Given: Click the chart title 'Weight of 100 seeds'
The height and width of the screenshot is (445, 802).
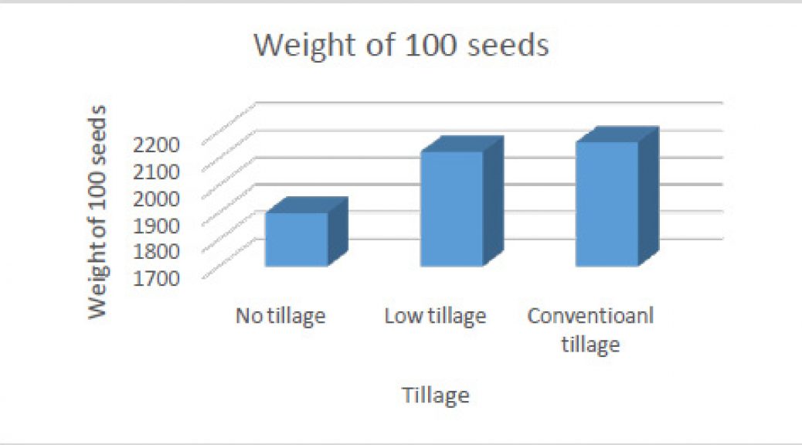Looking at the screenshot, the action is pyautogui.click(x=402, y=45).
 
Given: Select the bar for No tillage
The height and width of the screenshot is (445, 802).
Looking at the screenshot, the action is pyautogui.click(x=307, y=232).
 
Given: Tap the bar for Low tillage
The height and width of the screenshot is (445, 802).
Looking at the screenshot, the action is pyautogui.click(x=462, y=202).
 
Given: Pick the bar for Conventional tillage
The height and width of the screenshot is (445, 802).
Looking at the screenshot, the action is pyautogui.click(x=617, y=196).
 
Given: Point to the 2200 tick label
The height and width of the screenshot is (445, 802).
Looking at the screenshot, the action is pyautogui.click(x=156, y=144).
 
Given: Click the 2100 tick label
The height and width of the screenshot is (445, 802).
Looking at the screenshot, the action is pyautogui.click(x=156, y=172).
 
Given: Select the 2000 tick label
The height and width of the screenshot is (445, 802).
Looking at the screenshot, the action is pyautogui.click(x=156, y=199).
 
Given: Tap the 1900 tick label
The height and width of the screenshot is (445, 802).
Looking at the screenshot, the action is pyautogui.click(x=156, y=225).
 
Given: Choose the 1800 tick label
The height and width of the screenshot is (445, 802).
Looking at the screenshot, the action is pyautogui.click(x=156, y=251).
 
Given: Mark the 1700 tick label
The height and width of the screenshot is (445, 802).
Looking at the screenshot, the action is pyautogui.click(x=156, y=278).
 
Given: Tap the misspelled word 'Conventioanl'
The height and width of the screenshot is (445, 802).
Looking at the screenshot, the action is pyautogui.click(x=591, y=315).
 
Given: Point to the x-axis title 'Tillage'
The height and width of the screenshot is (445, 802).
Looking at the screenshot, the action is pyautogui.click(x=436, y=396).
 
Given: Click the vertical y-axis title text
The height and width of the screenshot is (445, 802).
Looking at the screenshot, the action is pyautogui.click(x=97, y=212).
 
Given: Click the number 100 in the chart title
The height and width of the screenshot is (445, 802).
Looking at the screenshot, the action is pyautogui.click(x=430, y=45).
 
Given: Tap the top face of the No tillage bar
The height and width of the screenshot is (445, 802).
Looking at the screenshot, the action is pyautogui.click(x=308, y=205).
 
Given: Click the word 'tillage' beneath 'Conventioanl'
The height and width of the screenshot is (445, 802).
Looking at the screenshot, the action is pyautogui.click(x=591, y=345).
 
